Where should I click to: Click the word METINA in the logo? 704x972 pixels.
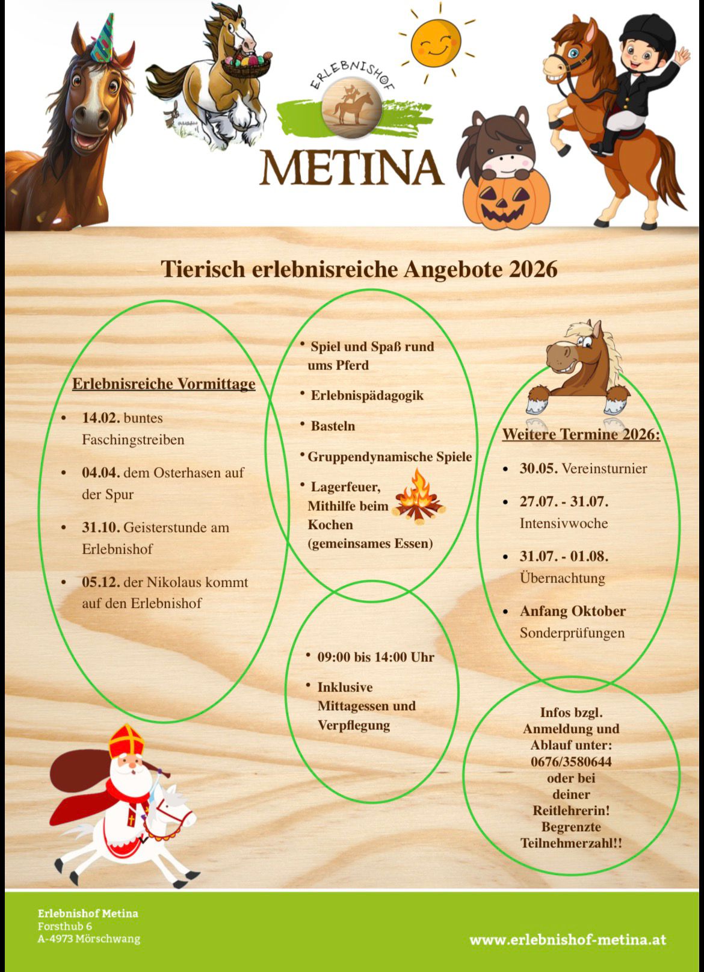pos(352,167)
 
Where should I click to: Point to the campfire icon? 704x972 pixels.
pos(418,497)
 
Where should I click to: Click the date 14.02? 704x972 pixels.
pos(101,418)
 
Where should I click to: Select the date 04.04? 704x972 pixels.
pos(101,472)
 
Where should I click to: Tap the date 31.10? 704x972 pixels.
pos(101,527)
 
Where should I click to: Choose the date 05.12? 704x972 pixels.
pos(101,582)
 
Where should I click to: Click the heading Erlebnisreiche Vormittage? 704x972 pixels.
pos(164,384)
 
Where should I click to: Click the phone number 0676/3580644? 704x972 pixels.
pos(571,761)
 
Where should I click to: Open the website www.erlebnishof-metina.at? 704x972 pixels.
pos(567,939)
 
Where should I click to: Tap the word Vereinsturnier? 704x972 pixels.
pos(604,468)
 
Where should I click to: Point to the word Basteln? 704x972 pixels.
pos(333,426)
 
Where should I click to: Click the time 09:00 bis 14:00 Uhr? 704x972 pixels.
pos(375,657)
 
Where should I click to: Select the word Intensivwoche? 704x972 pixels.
pos(564,523)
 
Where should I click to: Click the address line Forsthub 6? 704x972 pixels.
pos(65,926)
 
